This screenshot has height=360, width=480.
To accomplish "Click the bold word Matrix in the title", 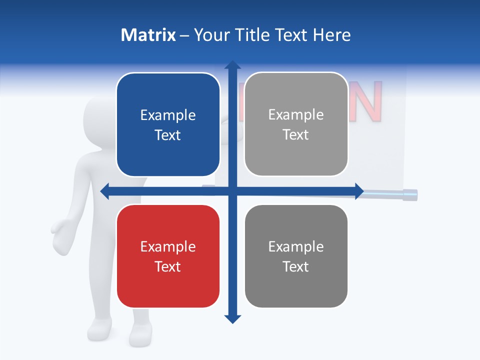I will pos(148,35).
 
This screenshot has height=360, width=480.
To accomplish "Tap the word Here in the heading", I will pos(332,35).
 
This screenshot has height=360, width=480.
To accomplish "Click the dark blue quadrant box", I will pos(168,124).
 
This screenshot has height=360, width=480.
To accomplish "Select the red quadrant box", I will pos(168,256).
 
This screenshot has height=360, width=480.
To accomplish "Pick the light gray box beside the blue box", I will pos(296,124).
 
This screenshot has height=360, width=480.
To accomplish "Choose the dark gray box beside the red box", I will pos(296,256).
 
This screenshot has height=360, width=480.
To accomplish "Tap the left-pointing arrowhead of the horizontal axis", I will pos(105,191).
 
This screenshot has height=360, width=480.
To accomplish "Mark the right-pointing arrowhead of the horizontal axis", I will pos(359,191).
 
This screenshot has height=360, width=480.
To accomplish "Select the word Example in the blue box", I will pos(168,115).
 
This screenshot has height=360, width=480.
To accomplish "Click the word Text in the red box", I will pos(168,266).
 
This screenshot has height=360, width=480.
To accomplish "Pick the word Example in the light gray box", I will pos(296,115).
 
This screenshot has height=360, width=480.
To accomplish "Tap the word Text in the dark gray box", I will pos(296,266).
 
